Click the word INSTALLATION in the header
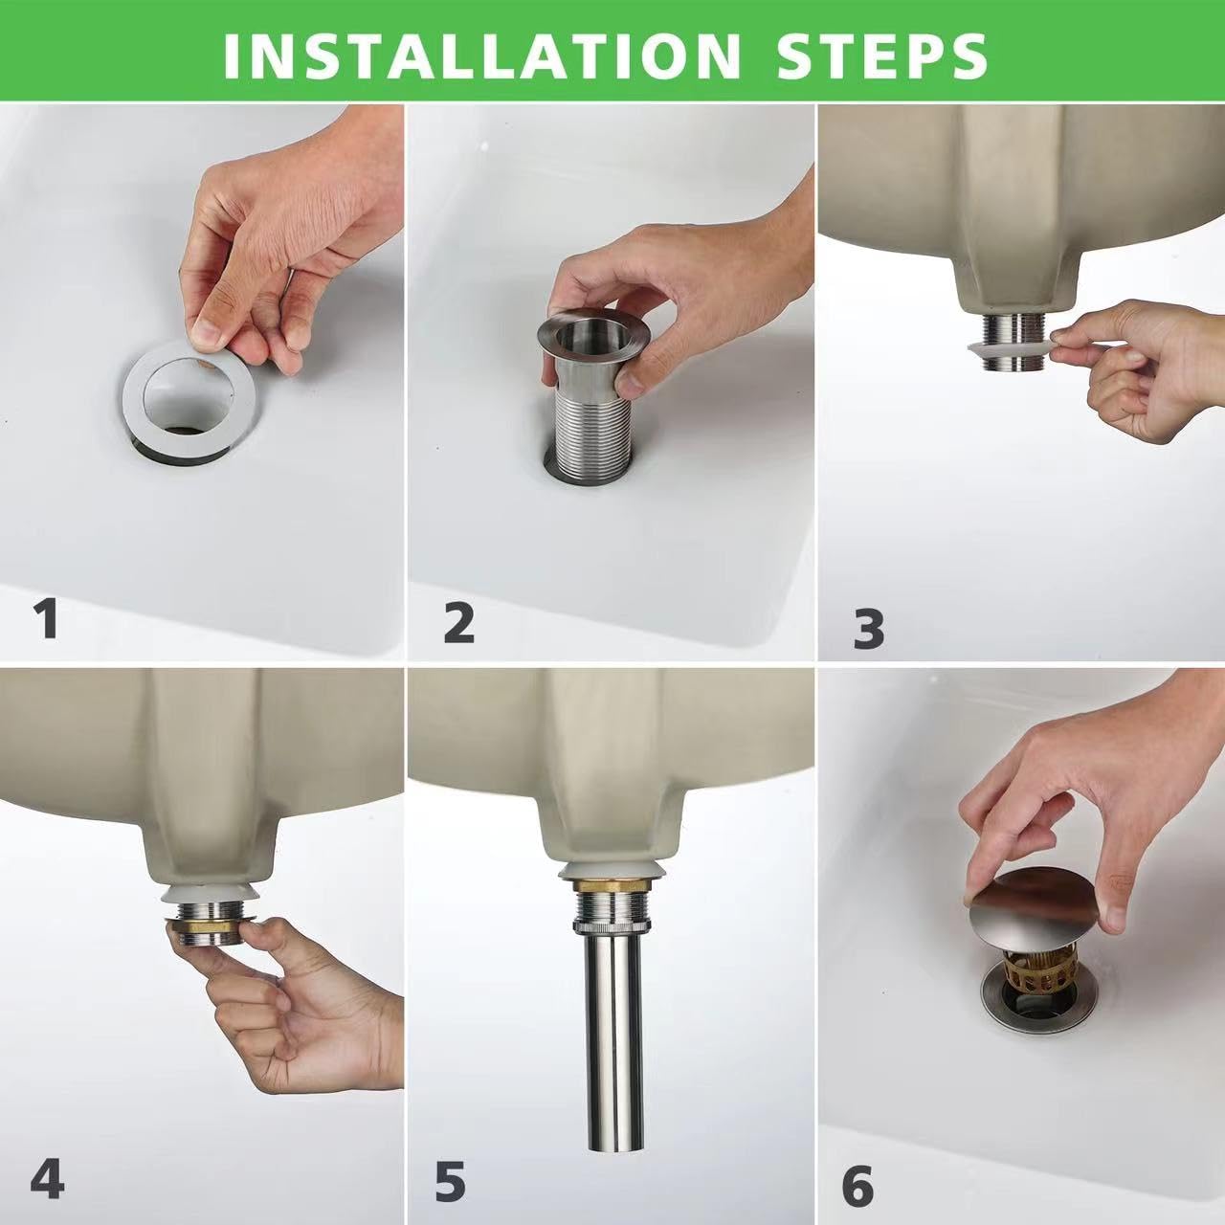point(481,55)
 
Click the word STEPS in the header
point(881,55)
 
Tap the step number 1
point(46,618)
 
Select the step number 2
point(459,623)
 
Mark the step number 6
point(857,1188)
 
